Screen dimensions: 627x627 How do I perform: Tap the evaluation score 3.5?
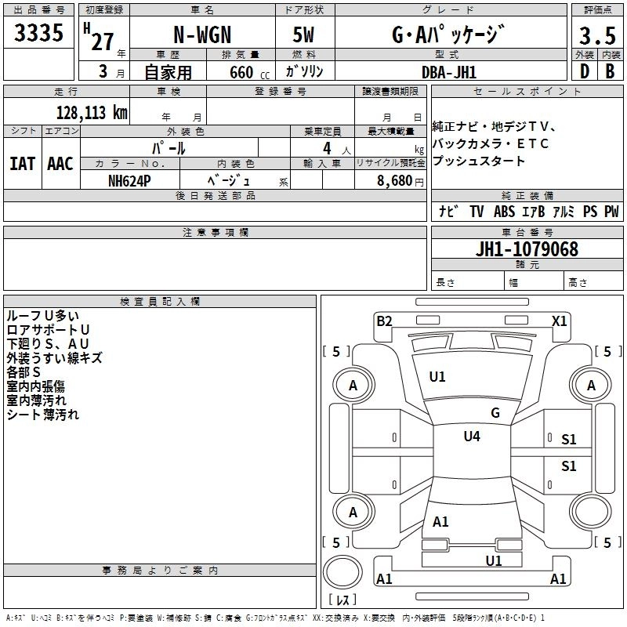click(x=597, y=35)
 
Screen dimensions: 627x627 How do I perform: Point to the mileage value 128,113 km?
click(x=92, y=112)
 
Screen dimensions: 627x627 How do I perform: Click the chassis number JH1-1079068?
click(x=527, y=249)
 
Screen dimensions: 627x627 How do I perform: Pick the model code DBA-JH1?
click(x=448, y=71)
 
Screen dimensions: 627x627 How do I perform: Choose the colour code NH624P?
click(x=129, y=179)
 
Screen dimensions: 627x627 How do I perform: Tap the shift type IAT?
click(x=22, y=163)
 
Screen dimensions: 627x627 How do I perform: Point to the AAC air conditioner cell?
click(x=60, y=163)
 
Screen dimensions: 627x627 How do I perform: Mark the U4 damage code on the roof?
click(x=472, y=436)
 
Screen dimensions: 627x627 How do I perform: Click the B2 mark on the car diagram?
click(x=384, y=321)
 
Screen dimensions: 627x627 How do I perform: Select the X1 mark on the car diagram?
click(x=559, y=321)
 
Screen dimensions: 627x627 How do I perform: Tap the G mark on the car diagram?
click(x=495, y=413)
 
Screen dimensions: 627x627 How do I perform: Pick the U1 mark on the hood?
click(x=437, y=377)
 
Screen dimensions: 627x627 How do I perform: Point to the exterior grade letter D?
click(x=584, y=71)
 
